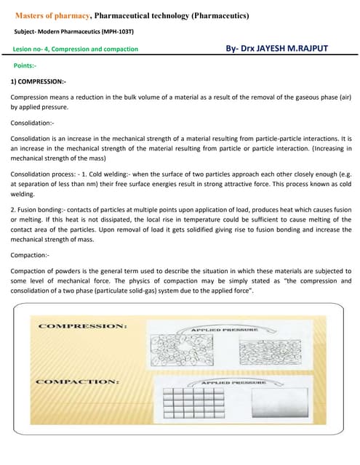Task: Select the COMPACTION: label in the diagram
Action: click(77, 381)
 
